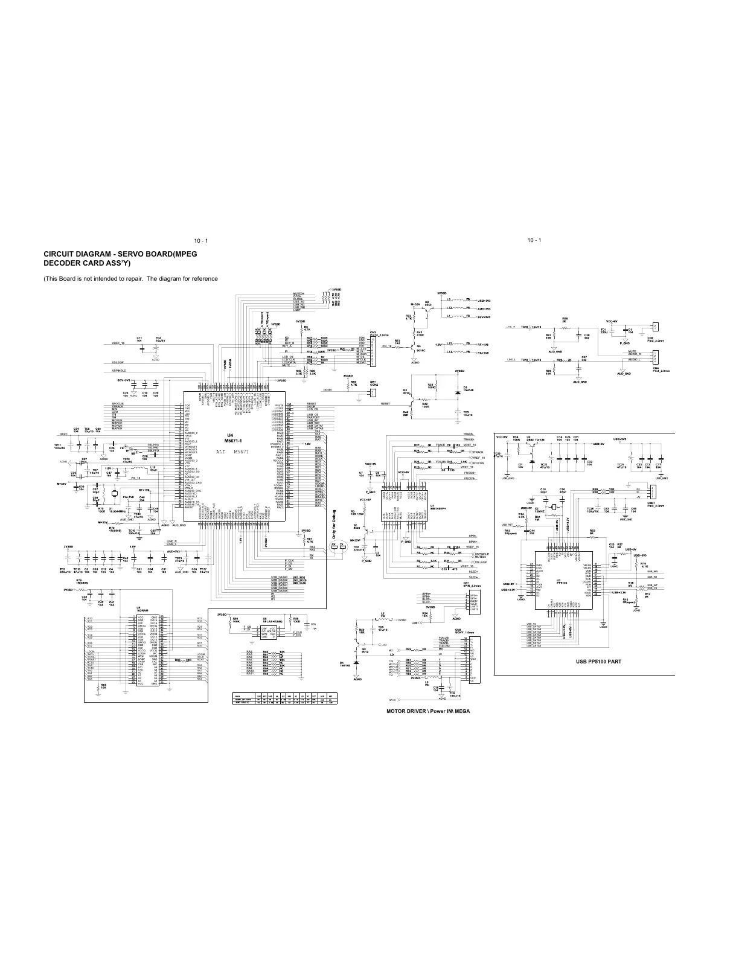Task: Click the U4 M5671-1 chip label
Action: click(229, 438)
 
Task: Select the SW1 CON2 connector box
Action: click(372, 393)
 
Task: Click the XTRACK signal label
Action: click(478, 452)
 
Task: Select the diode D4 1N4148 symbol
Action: click(356, 663)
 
